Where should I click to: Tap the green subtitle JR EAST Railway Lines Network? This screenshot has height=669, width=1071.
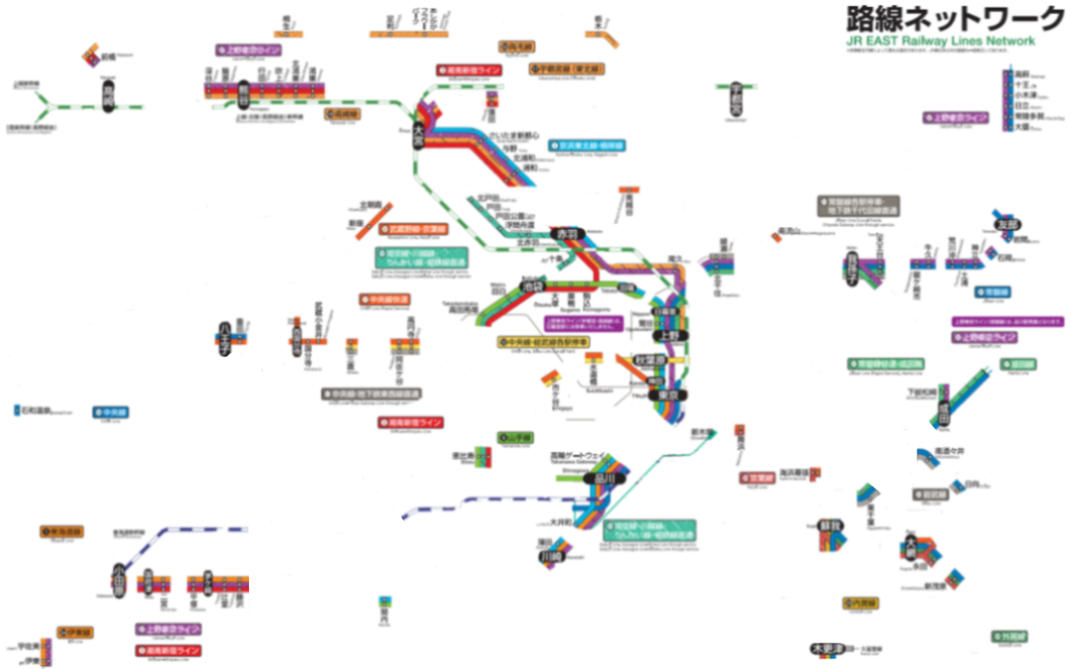940,40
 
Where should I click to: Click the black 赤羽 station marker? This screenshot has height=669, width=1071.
568,234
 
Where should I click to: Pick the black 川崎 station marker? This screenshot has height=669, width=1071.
550,556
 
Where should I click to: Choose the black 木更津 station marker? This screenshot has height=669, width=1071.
826,649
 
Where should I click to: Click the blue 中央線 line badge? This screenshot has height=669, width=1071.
111,411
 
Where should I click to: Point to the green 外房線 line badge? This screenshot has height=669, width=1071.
1009,636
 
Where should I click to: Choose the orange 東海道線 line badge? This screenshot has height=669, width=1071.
60,532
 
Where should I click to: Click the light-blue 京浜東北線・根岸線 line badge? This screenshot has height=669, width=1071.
586,146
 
